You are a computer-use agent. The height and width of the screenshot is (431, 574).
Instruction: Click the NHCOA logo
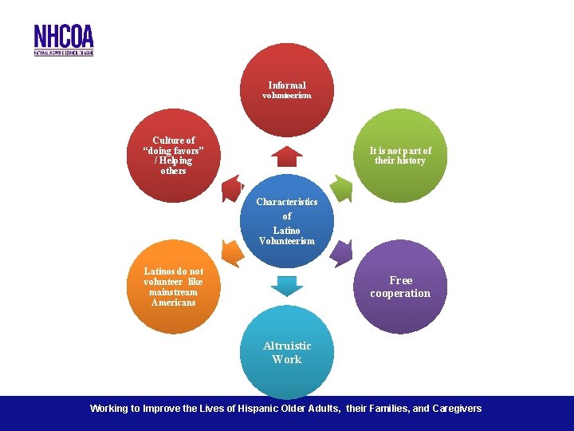pos(64,39)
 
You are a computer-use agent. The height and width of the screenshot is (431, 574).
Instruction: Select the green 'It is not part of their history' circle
pos(400,156)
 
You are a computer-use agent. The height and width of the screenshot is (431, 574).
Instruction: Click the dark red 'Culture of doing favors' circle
pos(173,156)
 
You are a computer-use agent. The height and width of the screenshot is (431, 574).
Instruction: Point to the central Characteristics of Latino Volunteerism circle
pos(287,221)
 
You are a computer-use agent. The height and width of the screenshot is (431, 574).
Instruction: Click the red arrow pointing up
pos(287,155)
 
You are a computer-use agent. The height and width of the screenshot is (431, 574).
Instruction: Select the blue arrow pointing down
pos(287,285)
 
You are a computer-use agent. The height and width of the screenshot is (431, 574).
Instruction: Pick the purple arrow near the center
pos(340,252)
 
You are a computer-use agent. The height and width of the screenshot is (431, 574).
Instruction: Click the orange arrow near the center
pos(232,253)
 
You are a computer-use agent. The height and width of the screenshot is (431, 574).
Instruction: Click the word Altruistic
pos(287,346)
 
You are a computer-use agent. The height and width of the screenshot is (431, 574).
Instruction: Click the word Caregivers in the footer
pos(458,409)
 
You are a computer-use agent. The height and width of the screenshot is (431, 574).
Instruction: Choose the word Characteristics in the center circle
pos(287,202)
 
